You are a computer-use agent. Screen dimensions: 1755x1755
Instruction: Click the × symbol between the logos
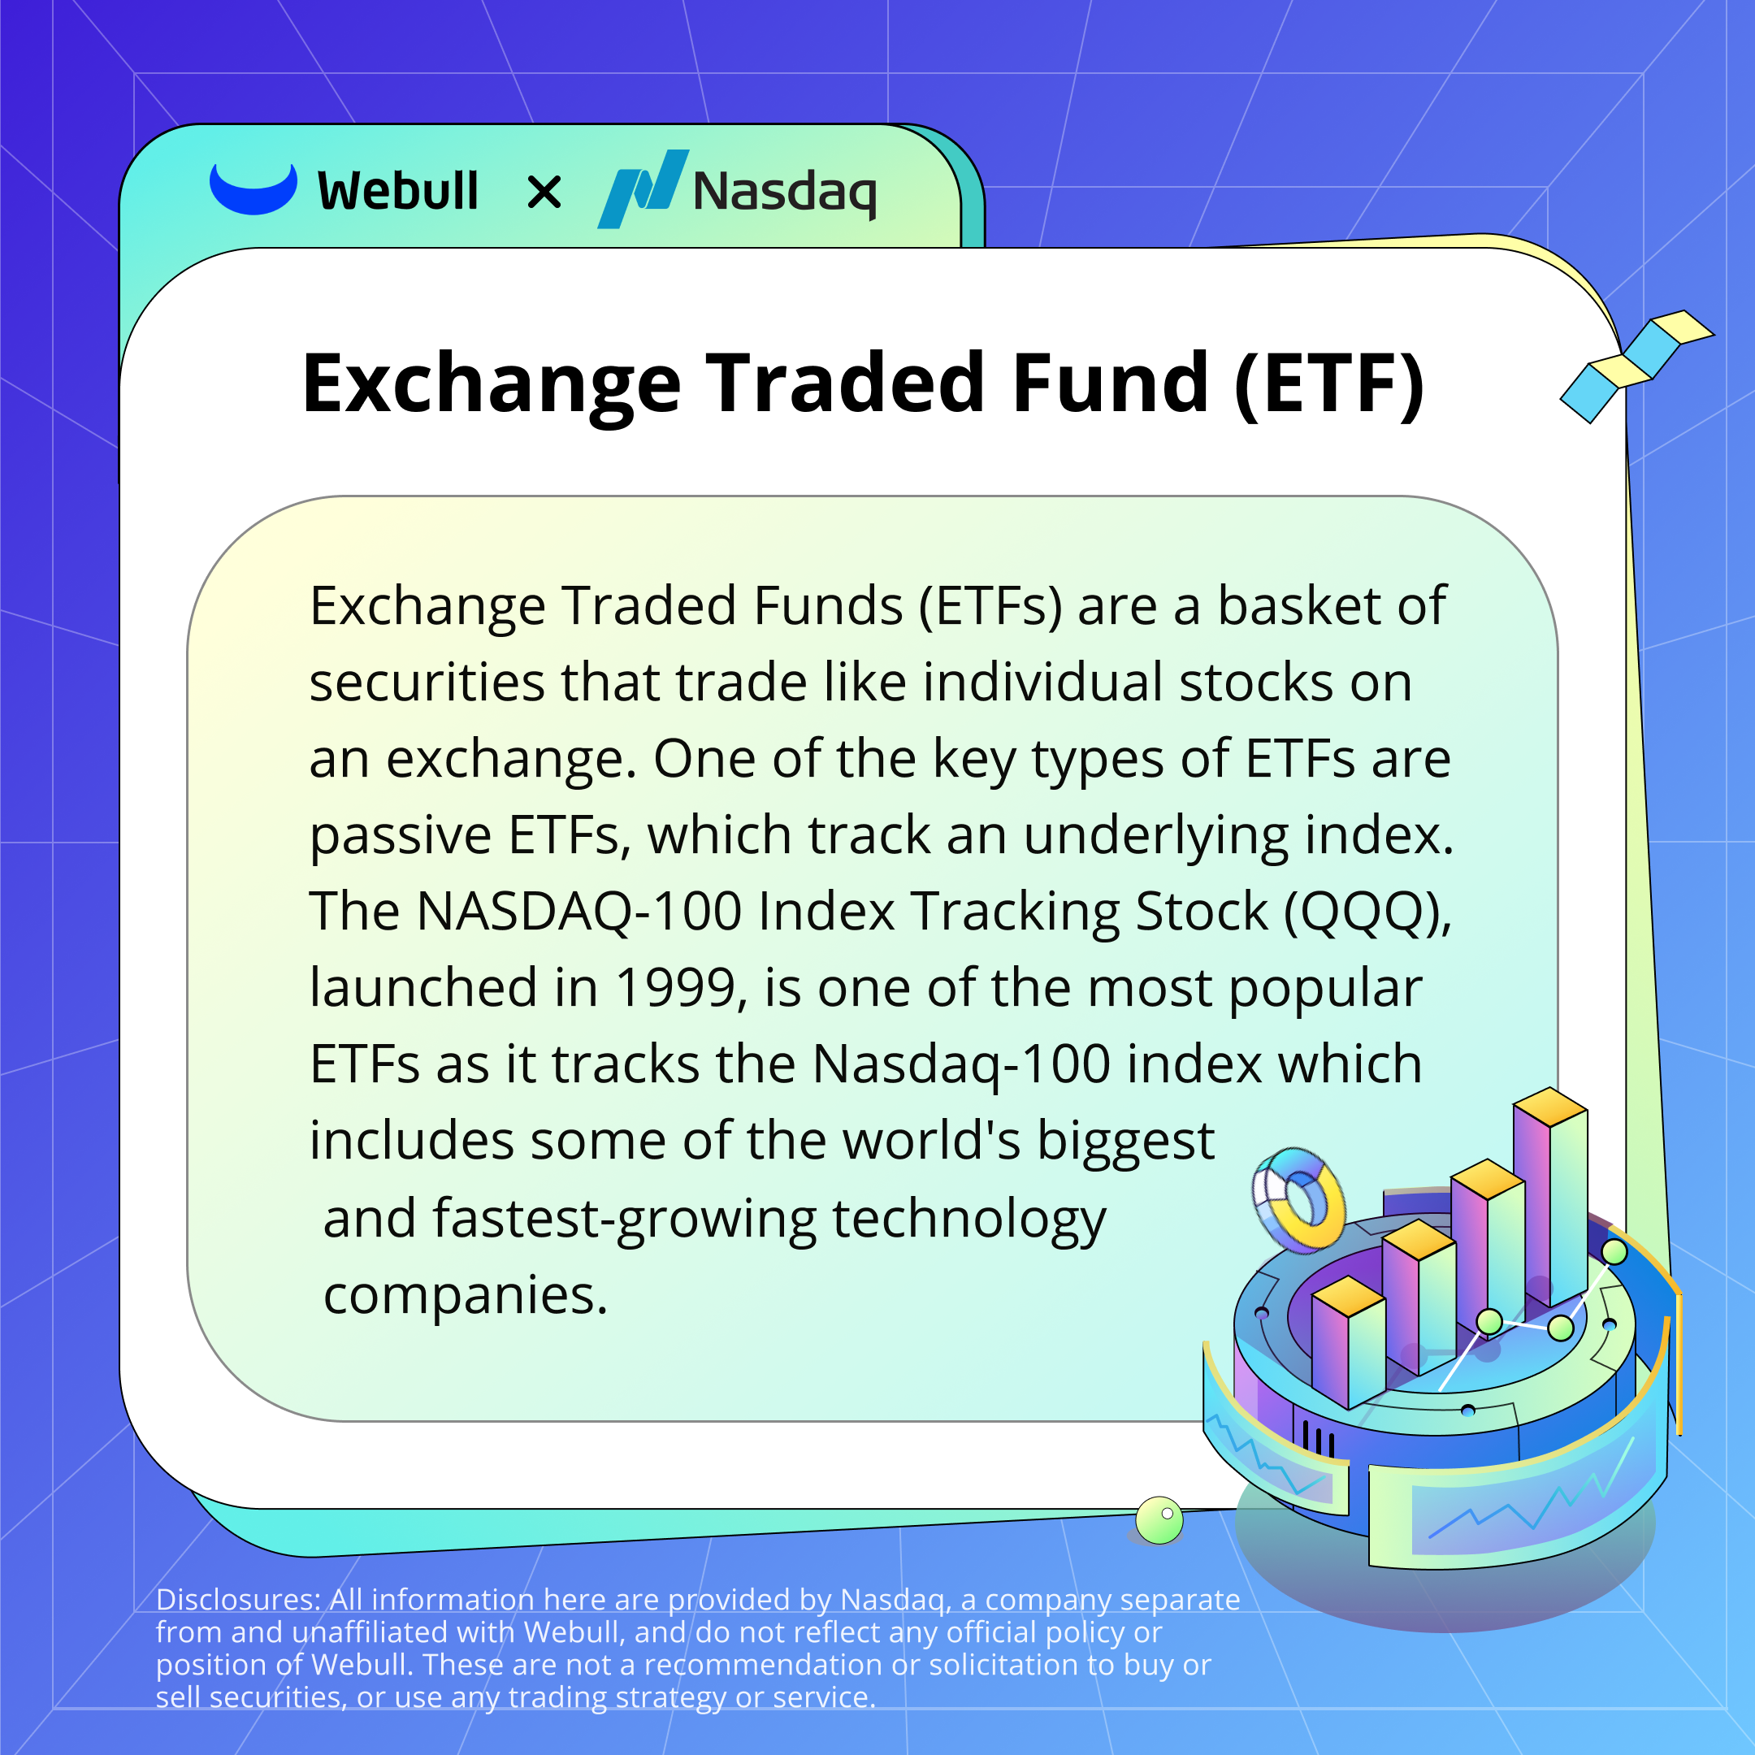(x=544, y=193)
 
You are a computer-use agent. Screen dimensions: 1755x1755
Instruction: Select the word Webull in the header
(x=398, y=191)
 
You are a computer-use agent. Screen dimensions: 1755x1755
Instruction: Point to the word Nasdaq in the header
(x=785, y=193)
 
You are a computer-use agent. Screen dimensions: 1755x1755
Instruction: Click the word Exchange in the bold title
(x=492, y=385)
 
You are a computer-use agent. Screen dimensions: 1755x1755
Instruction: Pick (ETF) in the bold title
(x=1330, y=385)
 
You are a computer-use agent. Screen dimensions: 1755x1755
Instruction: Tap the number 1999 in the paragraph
(x=675, y=987)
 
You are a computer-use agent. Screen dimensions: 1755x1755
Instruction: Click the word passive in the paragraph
(x=401, y=837)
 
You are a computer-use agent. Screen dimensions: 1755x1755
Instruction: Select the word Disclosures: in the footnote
(x=238, y=1599)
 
